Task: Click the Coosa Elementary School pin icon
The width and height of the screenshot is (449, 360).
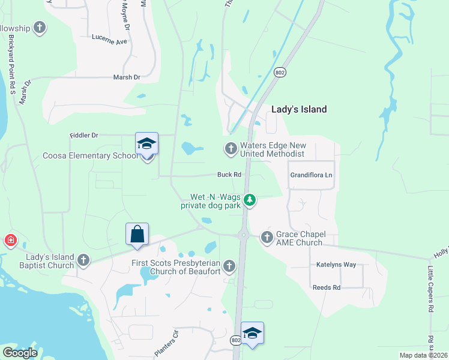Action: pos(147,144)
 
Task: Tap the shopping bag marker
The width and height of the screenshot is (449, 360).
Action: pos(137,234)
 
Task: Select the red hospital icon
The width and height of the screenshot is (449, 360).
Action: pos(10,241)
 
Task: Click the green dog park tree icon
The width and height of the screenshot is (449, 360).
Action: pos(250,200)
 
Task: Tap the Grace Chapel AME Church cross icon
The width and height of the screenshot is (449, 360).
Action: pos(267,238)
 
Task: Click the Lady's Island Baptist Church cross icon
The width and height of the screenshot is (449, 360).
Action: pos(83,260)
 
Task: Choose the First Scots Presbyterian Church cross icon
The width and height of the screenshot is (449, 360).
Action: pos(228,266)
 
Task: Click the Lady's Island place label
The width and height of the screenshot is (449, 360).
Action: pos(299,109)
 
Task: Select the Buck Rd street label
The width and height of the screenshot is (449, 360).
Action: pos(229,175)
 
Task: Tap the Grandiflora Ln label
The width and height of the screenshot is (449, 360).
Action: pos(311,175)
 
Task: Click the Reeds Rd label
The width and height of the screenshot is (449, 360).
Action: pos(327,287)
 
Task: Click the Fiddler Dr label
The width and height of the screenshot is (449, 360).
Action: pos(83,136)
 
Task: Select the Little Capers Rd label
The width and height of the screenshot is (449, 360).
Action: pos(430,289)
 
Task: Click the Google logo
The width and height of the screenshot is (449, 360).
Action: pos(20,353)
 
